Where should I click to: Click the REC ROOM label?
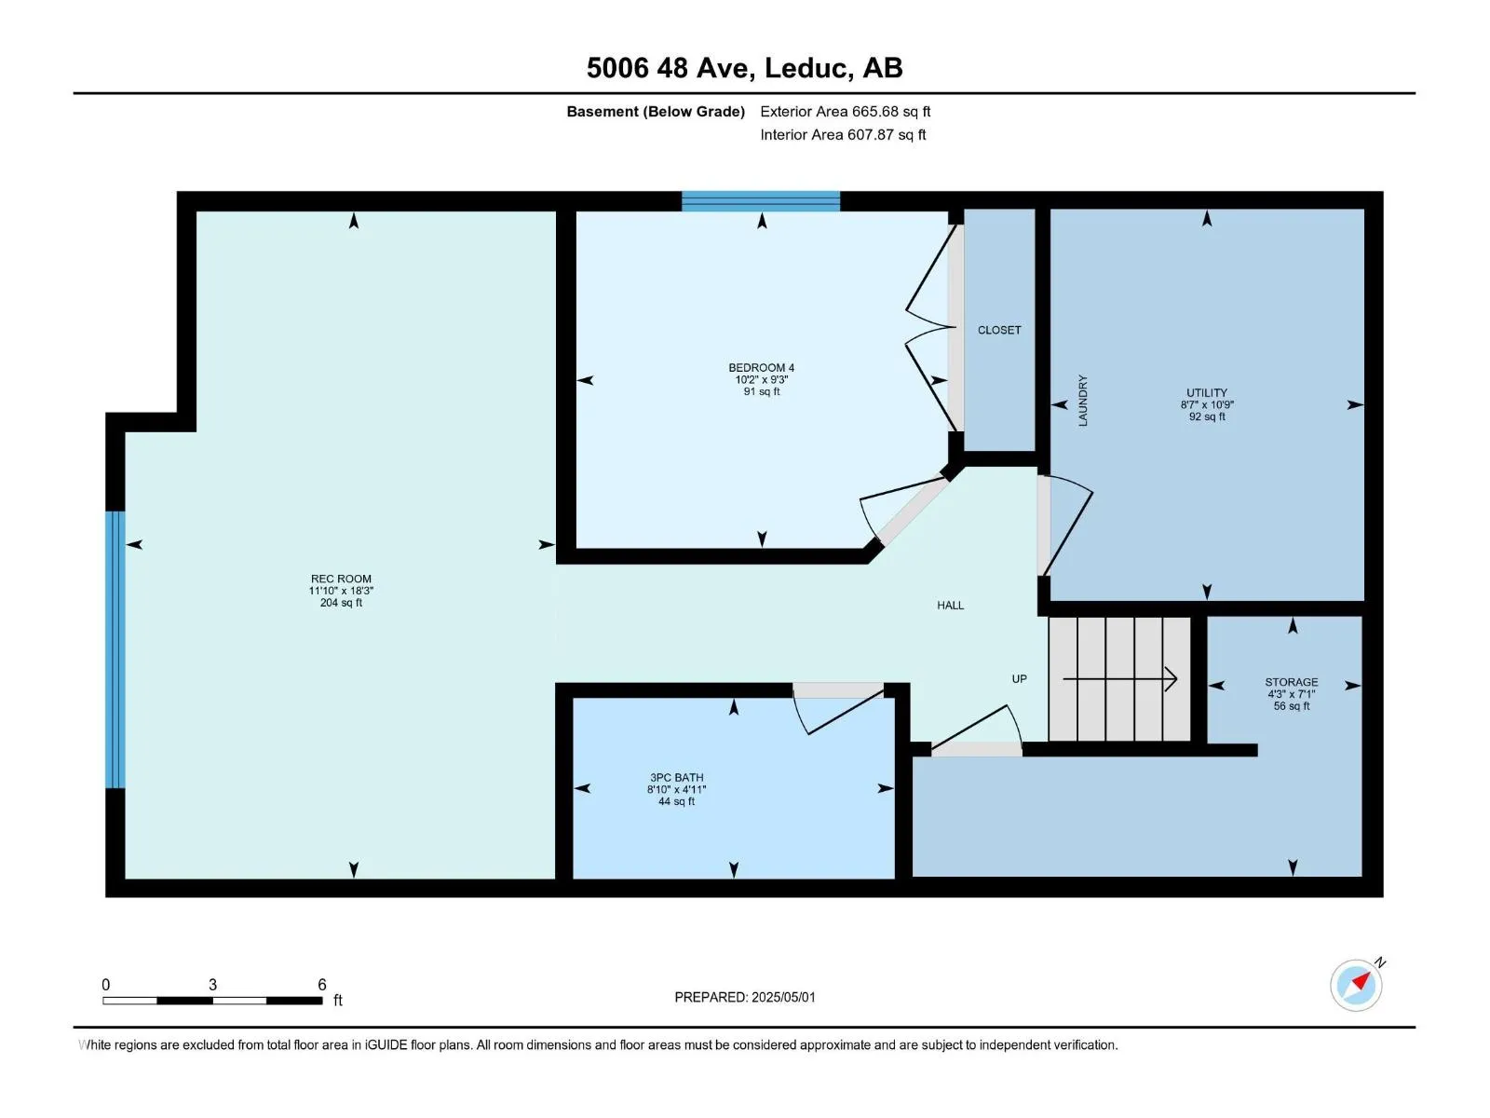click(341, 579)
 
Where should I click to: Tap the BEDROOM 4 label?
click(761, 367)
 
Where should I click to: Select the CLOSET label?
click(998, 330)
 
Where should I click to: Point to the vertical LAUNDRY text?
click(1083, 401)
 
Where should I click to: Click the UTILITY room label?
click(1206, 392)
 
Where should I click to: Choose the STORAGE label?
click(1291, 682)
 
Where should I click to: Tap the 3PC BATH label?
click(676, 777)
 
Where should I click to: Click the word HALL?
click(950, 605)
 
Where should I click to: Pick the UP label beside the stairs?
click(1019, 678)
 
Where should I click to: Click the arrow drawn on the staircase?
click(1119, 678)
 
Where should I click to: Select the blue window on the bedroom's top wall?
click(760, 201)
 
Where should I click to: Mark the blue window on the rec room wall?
click(115, 649)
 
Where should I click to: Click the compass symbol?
click(1356, 985)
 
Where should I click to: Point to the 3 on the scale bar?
click(212, 984)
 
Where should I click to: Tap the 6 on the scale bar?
click(322, 984)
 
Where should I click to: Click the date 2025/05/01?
click(782, 997)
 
